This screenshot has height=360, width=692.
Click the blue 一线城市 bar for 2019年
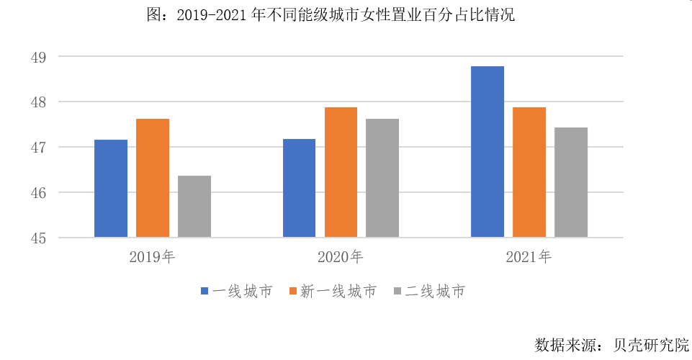click(x=111, y=189)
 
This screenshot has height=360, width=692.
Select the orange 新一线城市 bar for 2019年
click(x=153, y=178)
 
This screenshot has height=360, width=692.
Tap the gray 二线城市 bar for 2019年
click(x=194, y=207)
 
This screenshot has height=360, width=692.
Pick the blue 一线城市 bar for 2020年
click(x=299, y=188)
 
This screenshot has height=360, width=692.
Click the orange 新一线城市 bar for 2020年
click(x=341, y=172)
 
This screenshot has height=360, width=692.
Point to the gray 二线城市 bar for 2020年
click(x=382, y=178)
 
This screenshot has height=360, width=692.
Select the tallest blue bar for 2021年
click(x=487, y=152)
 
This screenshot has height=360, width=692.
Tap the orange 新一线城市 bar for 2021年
click(x=529, y=172)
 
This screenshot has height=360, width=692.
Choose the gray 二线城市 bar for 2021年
click(x=571, y=182)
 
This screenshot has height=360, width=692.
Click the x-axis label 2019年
click(x=153, y=256)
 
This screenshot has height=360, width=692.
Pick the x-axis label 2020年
click(x=341, y=256)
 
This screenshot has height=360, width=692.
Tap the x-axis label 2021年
click(x=529, y=256)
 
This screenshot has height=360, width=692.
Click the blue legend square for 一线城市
click(x=205, y=292)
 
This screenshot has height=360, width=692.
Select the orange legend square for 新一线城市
click(x=292, y=292)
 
